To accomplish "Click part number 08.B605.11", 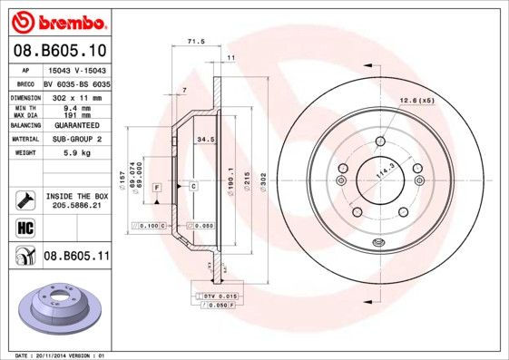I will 76,257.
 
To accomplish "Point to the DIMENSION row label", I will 26,96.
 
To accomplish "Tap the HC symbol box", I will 25,228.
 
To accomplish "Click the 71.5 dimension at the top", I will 194,42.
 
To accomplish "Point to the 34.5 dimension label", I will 205,139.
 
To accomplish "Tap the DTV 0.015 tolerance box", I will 217,297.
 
